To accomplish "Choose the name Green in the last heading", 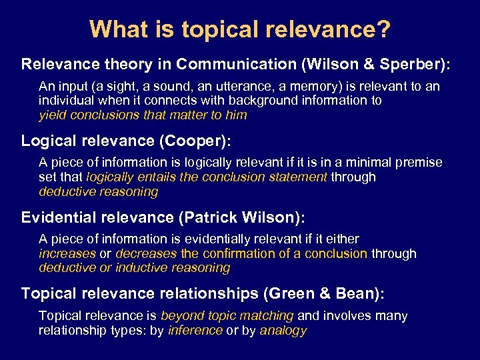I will (x=295, y=293).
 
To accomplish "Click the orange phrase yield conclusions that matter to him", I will (x=143, y=115).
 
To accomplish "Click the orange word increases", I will (x=67, y=253).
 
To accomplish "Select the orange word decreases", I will (x=146, y=253).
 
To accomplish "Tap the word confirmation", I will (x=235, y=253).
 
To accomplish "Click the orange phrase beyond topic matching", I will (x=227, y=315).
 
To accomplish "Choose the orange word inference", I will (x=195, y=330).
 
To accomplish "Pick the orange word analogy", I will (x=283, y=330).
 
